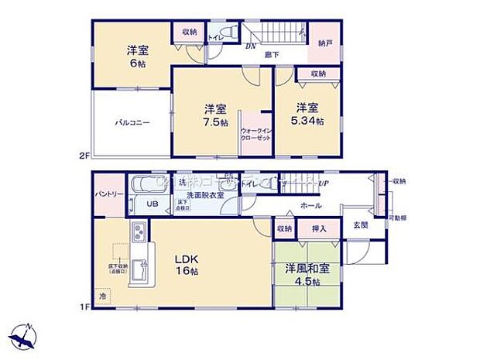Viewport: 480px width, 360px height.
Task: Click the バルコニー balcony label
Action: (133, 122)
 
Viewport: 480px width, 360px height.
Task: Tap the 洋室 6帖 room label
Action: (138, 57)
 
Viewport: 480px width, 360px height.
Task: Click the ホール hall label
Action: (312, 205)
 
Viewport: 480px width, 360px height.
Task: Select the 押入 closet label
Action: (318, 228)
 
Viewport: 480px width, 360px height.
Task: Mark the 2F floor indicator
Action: (84, 156)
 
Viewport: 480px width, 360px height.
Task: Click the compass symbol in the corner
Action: (25, 337)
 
